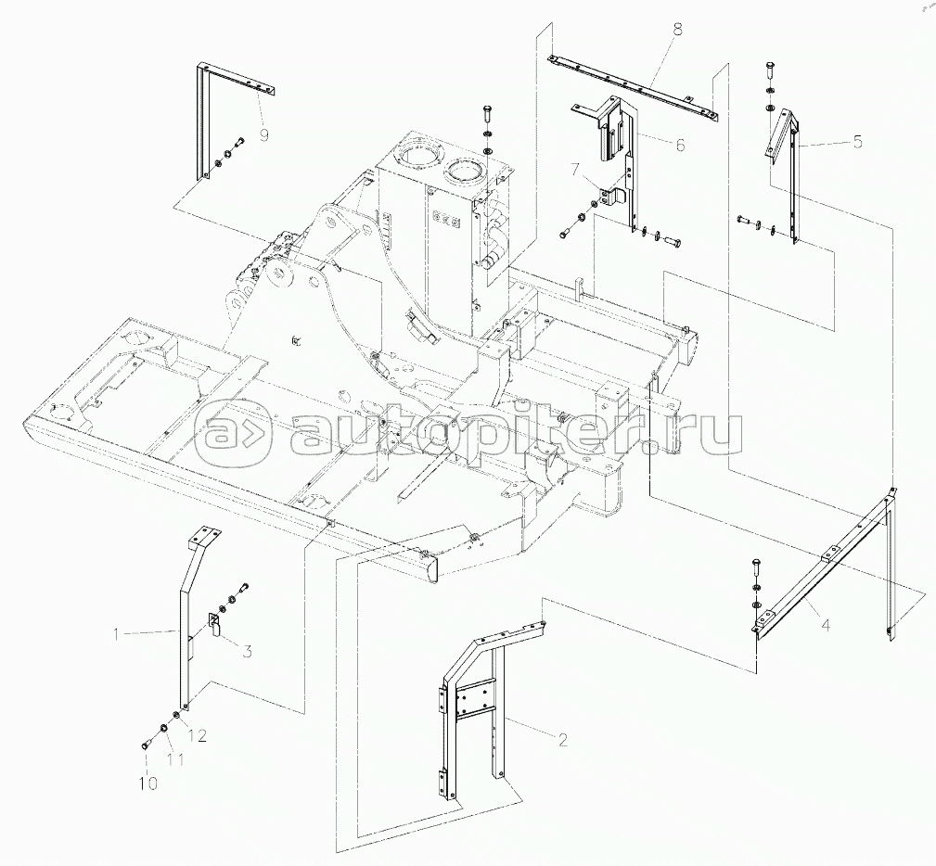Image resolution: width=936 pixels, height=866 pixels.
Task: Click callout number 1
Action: tap(118, 633)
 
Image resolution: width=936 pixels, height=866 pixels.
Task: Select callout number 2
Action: tap(562, 740)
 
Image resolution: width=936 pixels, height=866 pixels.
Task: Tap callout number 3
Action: tap(246, 651)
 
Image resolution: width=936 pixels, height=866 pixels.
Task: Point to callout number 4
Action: tap(826, 626)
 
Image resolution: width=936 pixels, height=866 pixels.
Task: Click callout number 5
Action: tap(857, 142)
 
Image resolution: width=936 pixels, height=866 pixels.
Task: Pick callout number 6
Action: tap(680, 145)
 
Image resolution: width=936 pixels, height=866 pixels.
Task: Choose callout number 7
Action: tap(574, 170)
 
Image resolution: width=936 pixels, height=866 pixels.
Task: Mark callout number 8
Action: tap(677, 30)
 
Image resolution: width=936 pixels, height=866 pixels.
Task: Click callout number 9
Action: tap(264, 134)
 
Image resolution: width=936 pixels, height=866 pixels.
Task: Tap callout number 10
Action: tap(148, 783)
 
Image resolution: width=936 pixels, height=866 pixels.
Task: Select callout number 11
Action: tap(175, 759)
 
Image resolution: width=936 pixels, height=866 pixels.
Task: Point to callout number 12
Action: tap(198, 736)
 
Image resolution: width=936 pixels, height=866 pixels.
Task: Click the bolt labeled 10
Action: tap(147, 745)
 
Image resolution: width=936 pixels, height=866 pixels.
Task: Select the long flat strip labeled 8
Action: tap(634, 86)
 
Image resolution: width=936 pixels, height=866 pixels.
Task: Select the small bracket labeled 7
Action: tap(609, 197)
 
